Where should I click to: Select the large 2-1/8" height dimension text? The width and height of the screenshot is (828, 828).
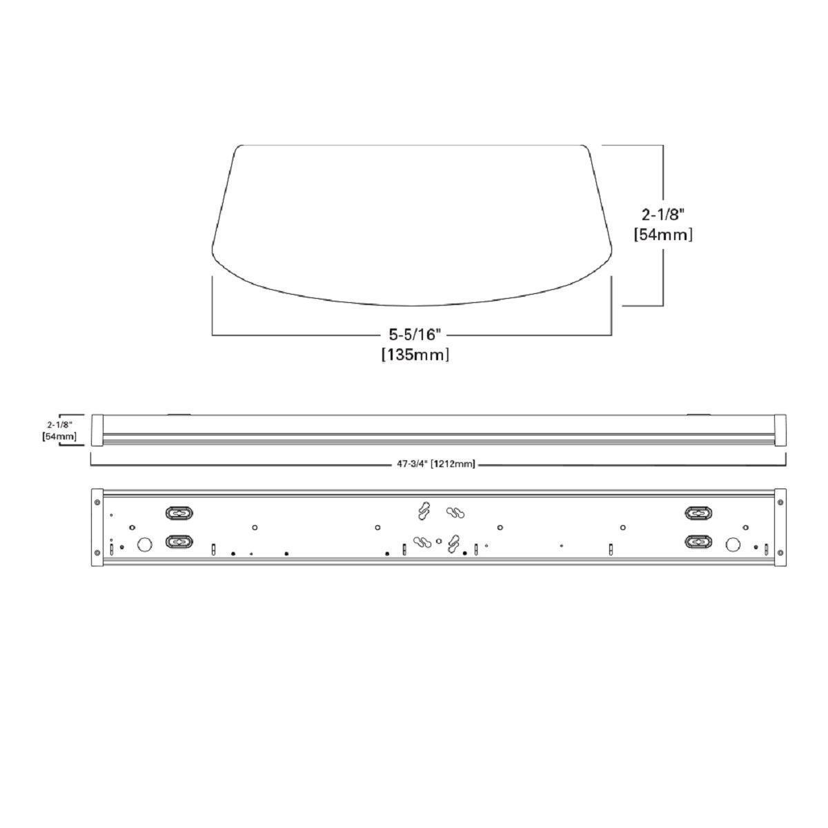[x=662, y=215]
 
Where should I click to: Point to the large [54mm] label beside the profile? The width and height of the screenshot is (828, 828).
[x=662, y=235]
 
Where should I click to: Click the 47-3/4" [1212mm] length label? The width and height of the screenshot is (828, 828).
[x=435, y=464]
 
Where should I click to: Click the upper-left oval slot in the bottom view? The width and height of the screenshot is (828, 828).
[x=179, y=513]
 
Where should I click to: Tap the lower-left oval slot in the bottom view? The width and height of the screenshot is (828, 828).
[x=179, y=542]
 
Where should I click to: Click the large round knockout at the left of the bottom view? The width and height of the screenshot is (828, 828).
[x=145, y=545]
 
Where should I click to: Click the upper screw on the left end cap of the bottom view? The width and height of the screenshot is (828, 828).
[x=97, y=502]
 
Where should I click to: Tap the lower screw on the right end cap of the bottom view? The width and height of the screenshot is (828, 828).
[x=780, y=551]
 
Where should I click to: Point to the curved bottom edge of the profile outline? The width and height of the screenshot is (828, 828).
[x=412, y=304]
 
